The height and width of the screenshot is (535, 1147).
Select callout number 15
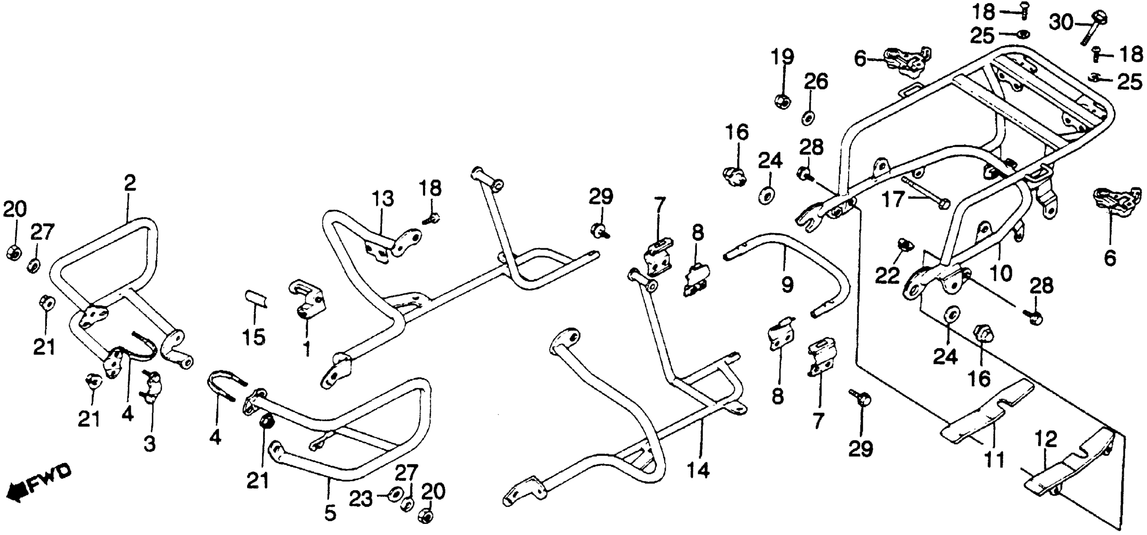[254, 337]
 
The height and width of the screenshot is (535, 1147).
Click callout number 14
[698, 470]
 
